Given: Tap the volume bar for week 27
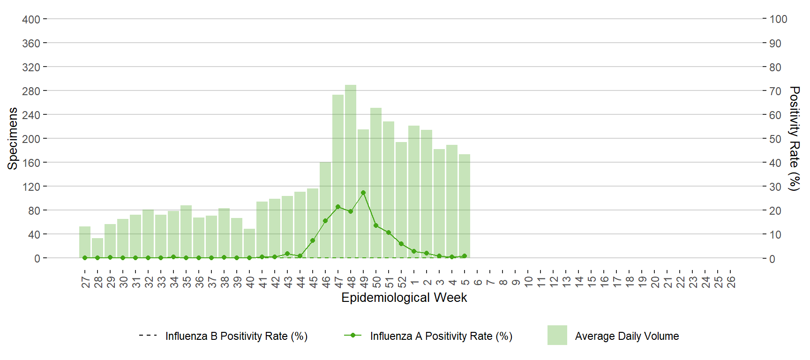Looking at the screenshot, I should pos(85,242).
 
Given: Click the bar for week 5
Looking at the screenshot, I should pos(465,206).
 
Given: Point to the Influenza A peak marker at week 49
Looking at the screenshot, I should pos(363,193).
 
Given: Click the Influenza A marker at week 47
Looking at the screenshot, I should pos(338,207).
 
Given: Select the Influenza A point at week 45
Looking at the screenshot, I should pos(313,240).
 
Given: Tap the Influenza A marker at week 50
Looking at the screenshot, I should pos(376,225).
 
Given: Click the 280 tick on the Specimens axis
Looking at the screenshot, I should pos(31,91).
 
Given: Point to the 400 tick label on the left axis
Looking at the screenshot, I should pos(31,19).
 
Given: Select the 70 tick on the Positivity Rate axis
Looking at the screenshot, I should pos(775,91).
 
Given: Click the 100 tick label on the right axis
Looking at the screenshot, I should pos(778,19).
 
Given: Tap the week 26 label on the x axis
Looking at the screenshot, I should pos(731,282).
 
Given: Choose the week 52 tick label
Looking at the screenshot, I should pos(402,282).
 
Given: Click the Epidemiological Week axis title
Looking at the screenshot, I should pos(404,298).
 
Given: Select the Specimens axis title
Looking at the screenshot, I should pos(13,138).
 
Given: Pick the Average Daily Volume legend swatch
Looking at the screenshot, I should pos(557,335).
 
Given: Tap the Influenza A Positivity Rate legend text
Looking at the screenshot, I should pos(441,336).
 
